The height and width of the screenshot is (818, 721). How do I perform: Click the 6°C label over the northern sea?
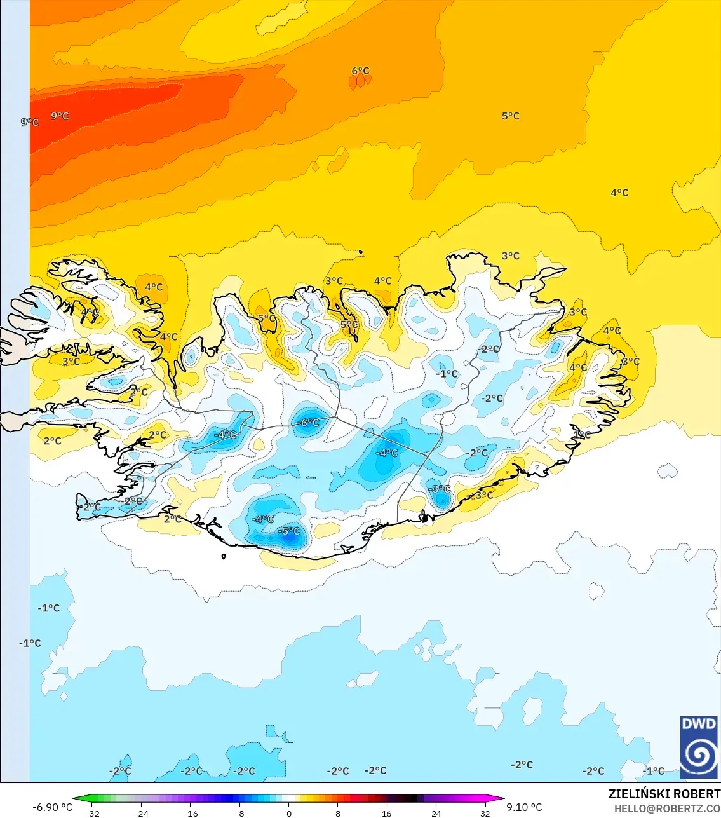(360, 71)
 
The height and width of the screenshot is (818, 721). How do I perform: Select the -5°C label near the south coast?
(290, 531)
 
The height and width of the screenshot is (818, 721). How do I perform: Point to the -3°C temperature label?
(439, 489)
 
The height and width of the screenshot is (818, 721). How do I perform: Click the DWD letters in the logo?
(699, 725)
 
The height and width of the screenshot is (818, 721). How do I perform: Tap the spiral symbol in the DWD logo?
(699, 755)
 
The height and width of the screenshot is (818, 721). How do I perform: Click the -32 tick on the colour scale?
(93, 813)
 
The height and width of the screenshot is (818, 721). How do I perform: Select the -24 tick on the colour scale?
(142, 813)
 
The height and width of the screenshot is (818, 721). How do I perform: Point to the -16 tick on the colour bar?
(191, 813)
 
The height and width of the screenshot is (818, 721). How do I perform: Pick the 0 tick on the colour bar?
(289, 813)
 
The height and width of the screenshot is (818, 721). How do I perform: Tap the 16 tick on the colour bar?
(387, 813)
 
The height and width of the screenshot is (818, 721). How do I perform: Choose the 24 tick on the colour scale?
(436, 813)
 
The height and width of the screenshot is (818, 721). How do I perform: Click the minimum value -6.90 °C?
(52, 807)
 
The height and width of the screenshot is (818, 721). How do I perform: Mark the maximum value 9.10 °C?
(524, 807)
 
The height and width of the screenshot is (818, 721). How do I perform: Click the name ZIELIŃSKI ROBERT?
(664, 794)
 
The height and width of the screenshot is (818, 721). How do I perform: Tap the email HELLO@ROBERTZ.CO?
(667, 809)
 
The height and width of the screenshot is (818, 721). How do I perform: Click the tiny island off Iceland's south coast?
(224, 557)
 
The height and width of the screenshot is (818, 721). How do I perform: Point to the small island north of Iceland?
(361, 252)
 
